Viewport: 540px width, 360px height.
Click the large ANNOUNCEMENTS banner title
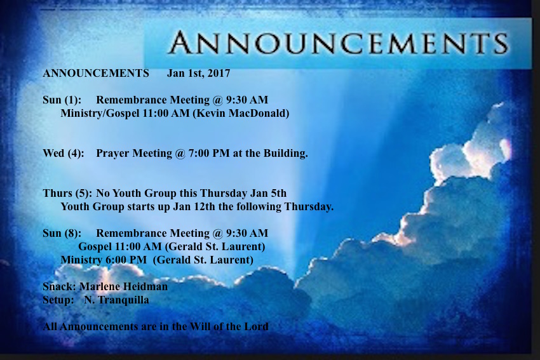point(337,43)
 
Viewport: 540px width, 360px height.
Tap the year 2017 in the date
point(219,73)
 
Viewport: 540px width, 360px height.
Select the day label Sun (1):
point(62,100)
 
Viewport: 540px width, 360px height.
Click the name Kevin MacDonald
point(241,113)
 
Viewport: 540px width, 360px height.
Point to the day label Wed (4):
point(64,154)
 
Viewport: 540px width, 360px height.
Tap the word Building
point(285,154)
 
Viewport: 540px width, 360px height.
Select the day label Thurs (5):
point(67,194)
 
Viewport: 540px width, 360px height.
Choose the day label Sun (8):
point(62,234)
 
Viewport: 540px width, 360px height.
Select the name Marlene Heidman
point(124,287)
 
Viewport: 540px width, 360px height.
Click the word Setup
point(58,300)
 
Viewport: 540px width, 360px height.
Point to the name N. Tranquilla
point(116,300)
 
